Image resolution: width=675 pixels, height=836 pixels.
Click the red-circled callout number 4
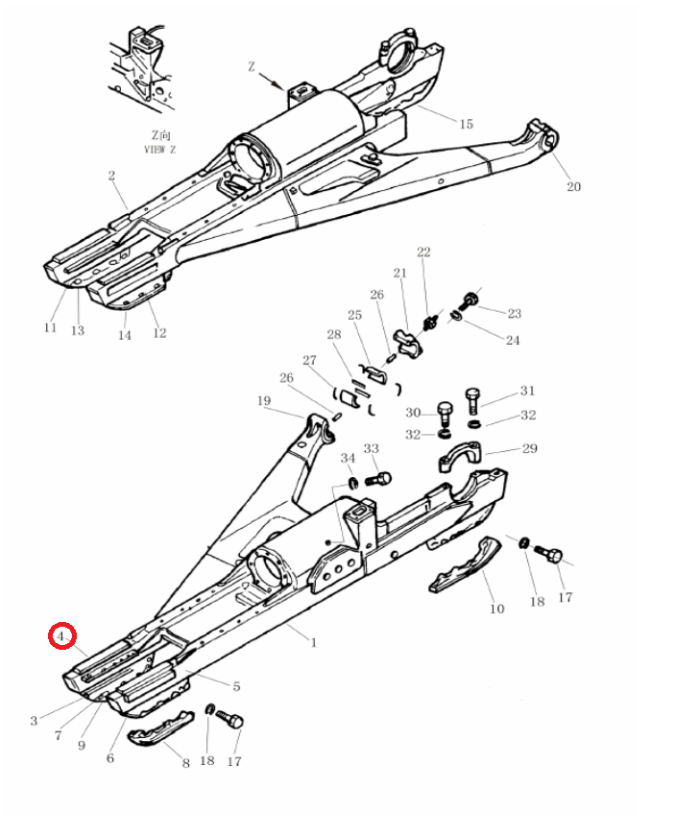(60, 636)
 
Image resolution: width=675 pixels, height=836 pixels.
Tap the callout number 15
(466, 124)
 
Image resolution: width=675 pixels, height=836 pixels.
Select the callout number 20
(573, 186)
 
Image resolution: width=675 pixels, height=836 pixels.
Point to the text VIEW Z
(159, 150)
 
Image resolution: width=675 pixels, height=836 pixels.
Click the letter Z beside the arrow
(252, 66)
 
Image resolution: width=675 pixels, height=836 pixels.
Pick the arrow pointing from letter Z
(271, 82)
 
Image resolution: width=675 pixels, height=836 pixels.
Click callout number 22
(423, 251)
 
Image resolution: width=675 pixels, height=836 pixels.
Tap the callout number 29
(529, 448)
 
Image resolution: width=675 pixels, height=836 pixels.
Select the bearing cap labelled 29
(460, 457)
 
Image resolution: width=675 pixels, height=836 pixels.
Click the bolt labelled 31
(473, 401)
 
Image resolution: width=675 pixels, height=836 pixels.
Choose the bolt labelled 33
(378, 479)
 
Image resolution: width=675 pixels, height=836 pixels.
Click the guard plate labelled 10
(466, 565)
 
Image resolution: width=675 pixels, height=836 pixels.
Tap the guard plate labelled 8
(161, 729)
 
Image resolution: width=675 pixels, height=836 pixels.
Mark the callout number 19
(264, 400)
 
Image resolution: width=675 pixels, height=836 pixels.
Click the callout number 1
(314, 642)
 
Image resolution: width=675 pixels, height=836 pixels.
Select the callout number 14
(124, 335)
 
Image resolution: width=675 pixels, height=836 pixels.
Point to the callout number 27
(309, 360)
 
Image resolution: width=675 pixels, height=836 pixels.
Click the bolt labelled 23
(469, 301)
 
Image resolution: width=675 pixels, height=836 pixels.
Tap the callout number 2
(111, 176)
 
